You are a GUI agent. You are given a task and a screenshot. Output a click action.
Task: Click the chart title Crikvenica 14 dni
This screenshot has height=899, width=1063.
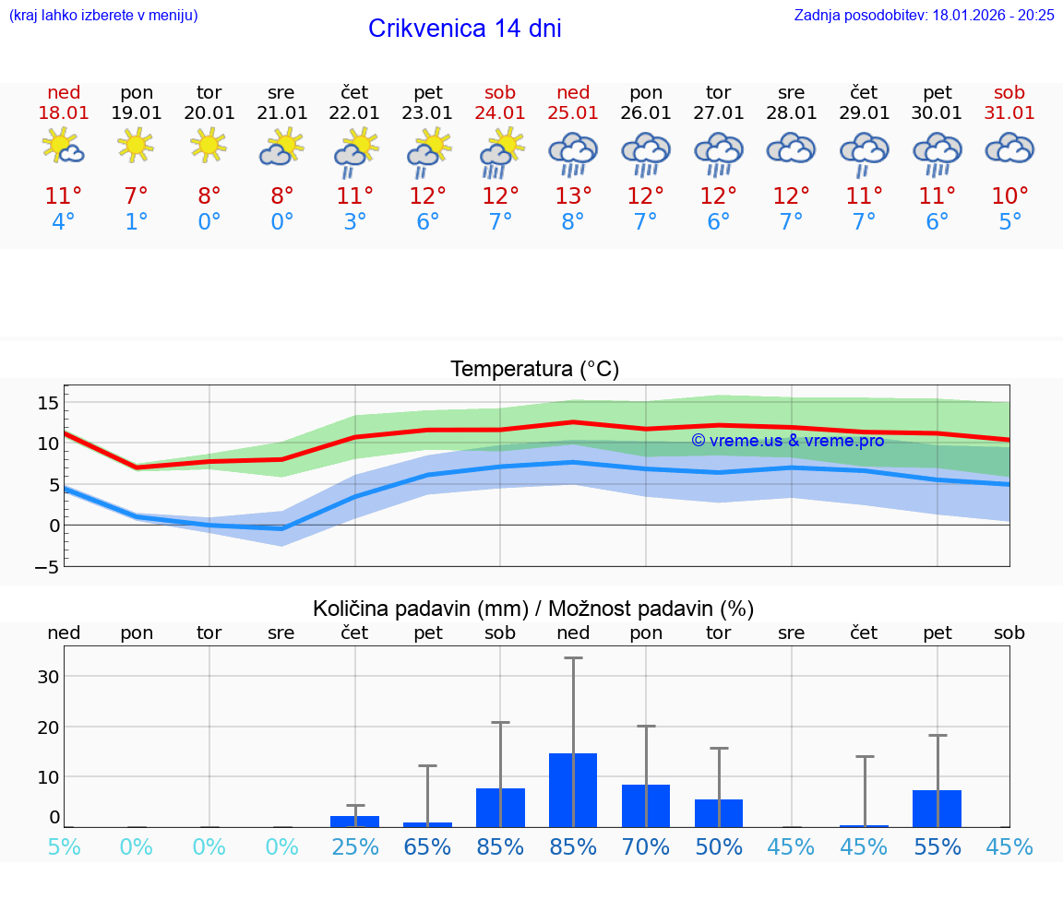pyautogui.click(x=464, y=29)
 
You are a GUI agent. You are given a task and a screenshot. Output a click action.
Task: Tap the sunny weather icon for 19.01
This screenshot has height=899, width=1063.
pyautogui.click(x=136, y=145)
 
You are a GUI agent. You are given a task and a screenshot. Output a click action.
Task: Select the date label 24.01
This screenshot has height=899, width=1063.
pyautogui.click(x=500, y=112)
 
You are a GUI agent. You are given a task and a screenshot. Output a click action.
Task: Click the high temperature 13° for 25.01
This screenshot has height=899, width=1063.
pyautogui.click(x=572, y=196)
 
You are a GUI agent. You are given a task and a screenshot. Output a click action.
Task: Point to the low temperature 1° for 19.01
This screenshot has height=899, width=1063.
pyautogui.click(x=136, y=222)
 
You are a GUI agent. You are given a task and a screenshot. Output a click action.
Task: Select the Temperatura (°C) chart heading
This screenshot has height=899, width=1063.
pyautogui.click(x=534, y=369)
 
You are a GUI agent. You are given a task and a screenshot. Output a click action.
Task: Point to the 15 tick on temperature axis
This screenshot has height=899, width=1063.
pyautogui.click(x=48, y=403)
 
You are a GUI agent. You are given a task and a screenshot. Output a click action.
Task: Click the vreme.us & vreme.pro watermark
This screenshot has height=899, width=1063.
pyautogui.click(x=787, y=441)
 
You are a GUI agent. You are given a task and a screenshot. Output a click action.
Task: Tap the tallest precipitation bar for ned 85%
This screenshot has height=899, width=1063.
pyautogui.click(x=573, y=789)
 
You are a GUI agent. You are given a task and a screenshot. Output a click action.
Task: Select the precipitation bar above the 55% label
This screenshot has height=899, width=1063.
pyautogui.click(x=937, y=808)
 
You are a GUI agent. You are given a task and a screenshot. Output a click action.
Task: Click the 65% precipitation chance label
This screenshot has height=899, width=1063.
pyautogui.click(x=427, y=846)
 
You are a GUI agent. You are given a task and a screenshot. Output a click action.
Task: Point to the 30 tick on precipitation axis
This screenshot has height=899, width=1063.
pyautogui.click(x=48, y=676)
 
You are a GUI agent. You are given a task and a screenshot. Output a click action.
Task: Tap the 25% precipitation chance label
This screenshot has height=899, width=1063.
pyautogui.click(x=355, y=846)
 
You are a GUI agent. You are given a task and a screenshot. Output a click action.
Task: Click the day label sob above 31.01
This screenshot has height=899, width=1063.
pyautogui.click(x=1009, y=92)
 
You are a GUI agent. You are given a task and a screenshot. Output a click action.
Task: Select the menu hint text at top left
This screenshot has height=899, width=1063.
pyautogui.click(x=102, y=15)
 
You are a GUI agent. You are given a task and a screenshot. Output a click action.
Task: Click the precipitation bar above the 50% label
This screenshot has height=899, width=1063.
pyautogui.click(x=718, y=812)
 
